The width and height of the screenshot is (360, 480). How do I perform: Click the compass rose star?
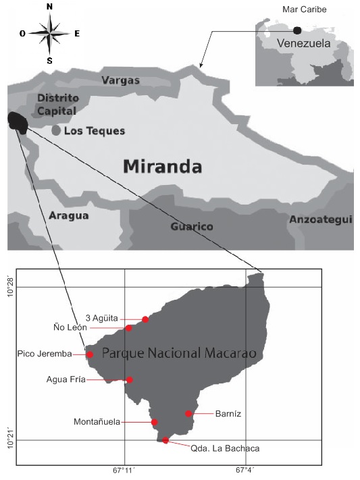(x=50, y=32)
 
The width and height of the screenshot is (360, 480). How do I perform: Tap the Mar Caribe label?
(x=299, y=10)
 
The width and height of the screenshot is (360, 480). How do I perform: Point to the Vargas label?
(x=120, y=80)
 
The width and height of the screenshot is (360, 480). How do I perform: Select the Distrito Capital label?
(x=56, y=105)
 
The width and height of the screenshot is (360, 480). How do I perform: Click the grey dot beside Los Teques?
(x=56, y=130)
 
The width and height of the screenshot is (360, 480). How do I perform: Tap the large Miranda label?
(x=163, y=165)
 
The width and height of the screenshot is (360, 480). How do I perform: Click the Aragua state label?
(x=68, y=215)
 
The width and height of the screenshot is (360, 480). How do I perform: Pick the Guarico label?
(x=192, y=227)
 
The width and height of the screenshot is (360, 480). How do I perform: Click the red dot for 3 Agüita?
(x=145, y=319)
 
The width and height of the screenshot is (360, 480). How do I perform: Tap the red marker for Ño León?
(x=129, y=328)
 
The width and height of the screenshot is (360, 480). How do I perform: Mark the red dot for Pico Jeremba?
(x=90, y=354)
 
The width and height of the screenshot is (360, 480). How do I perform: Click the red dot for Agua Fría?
(x=130, y=379)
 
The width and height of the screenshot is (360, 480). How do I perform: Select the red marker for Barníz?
(x=188, y=413)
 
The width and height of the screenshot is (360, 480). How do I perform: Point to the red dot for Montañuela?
(x=155, y=422)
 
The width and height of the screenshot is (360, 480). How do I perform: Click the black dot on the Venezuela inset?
(x=297, y=30)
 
